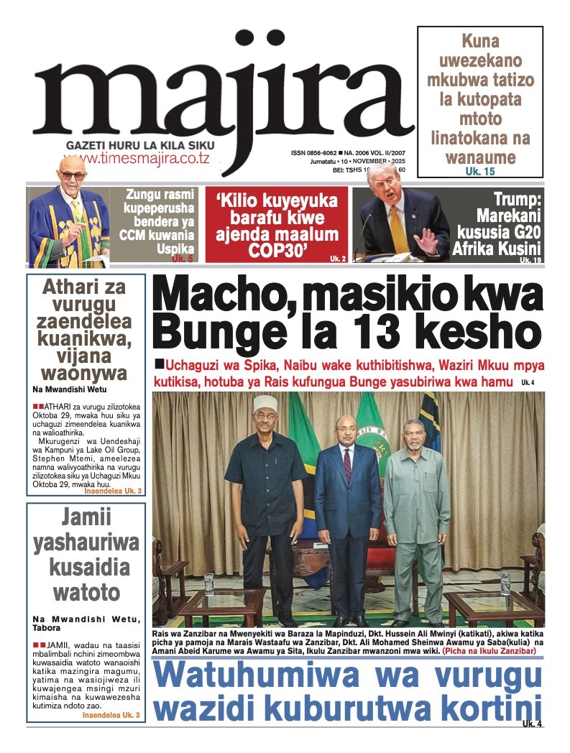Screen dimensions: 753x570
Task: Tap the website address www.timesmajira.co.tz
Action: click(137, 159)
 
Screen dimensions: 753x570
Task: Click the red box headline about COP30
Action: click(277, 224)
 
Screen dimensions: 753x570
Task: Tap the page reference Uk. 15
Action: click(480, 172)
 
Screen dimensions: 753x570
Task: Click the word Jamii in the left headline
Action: click(86, 518)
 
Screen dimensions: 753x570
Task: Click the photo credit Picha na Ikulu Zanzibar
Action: click(489, 651)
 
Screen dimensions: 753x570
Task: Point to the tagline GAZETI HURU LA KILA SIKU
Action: click(140, 145)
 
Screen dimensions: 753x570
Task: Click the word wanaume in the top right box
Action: click(480, 156)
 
